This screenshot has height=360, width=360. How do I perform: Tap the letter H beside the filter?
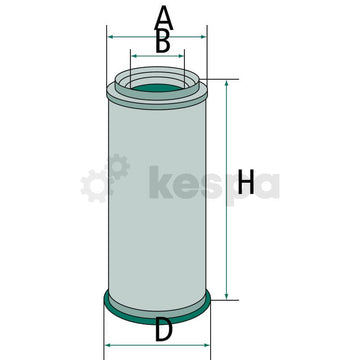(x=247, y=183)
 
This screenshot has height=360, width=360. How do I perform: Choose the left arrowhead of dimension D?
(x=106, y=346)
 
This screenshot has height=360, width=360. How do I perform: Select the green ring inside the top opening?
(x=158, y=87)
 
